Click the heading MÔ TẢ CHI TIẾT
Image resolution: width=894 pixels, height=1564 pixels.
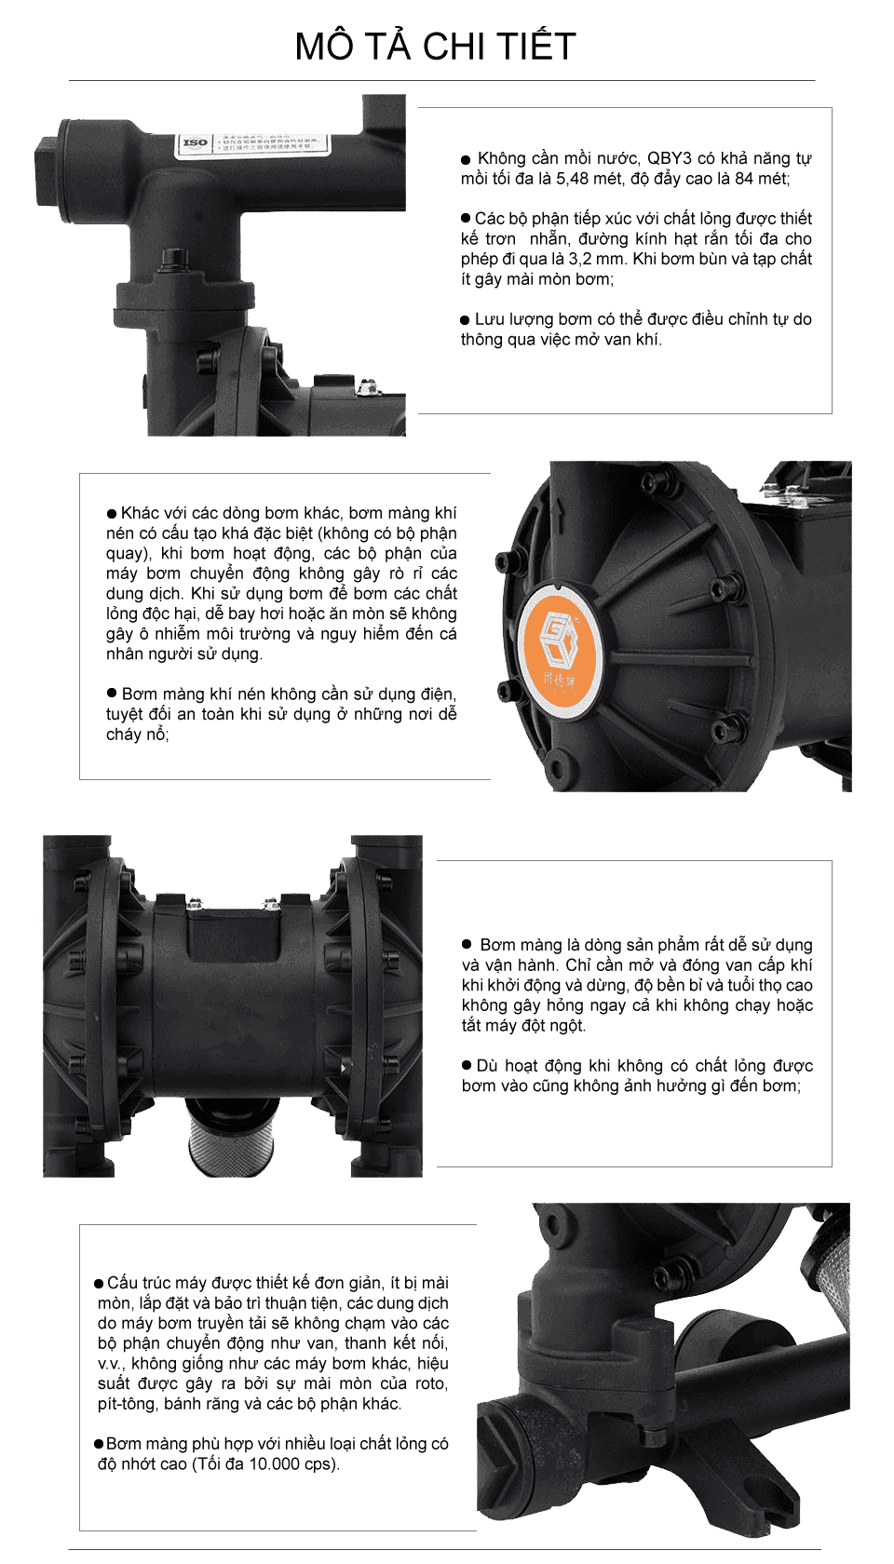click(435, 47)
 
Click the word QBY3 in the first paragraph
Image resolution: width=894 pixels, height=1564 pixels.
click(669, 158)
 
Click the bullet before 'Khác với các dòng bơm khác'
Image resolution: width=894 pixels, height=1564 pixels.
click(112, 514)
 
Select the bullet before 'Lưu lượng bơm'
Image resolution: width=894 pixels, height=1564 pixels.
click(466, 320)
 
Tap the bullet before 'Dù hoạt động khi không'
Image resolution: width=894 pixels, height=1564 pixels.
click(467, 1065)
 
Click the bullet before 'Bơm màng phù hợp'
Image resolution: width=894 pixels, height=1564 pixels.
click(99, 1444)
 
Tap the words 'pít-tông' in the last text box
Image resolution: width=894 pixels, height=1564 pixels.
click(128, 1404)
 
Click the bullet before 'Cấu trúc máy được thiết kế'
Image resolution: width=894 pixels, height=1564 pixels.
click(99, 1284)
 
